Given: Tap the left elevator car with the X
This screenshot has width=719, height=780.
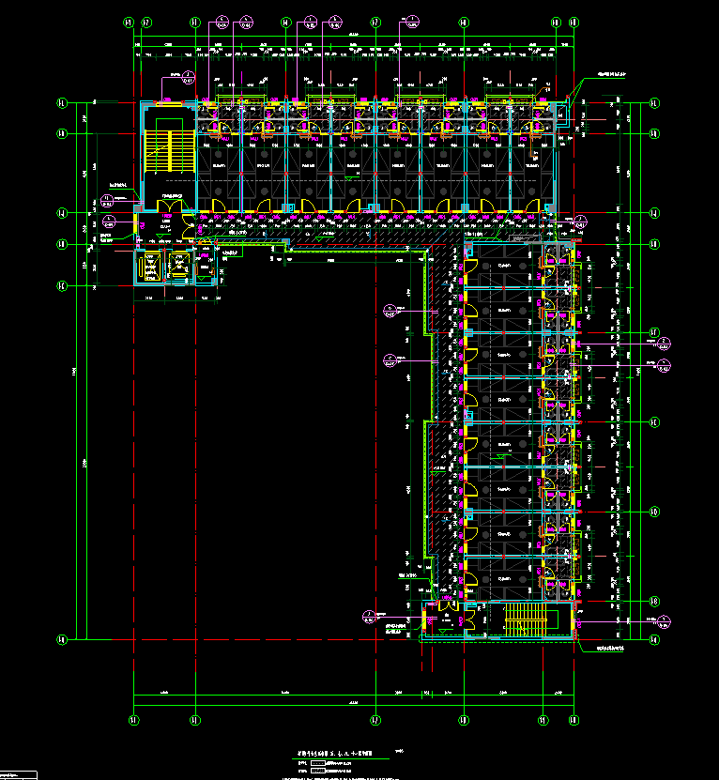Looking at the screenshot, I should [x=150, y=267].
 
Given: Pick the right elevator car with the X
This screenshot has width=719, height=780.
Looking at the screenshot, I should [x=178, y=267].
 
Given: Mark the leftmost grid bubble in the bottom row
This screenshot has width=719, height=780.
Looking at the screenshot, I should [x=133, y=720].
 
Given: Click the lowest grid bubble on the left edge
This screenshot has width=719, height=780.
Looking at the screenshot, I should [x=62, y=639].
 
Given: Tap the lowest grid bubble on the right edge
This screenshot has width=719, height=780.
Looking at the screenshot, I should [x=655, y=639].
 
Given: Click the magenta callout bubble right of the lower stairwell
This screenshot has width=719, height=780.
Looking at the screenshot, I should [x=665, y=619].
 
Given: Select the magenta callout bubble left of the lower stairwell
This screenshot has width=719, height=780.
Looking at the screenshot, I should [x=368, y=616].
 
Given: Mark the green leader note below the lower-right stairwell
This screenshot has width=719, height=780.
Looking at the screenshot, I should [x=606, y=648].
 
